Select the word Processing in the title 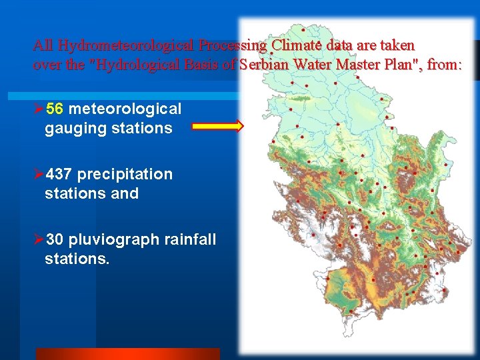point(231,45)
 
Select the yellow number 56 point(55,109)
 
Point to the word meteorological point(125,109)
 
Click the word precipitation point(125,174)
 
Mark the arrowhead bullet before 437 point(39,174)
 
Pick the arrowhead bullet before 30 point(39,239)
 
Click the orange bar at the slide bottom point(127,354)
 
